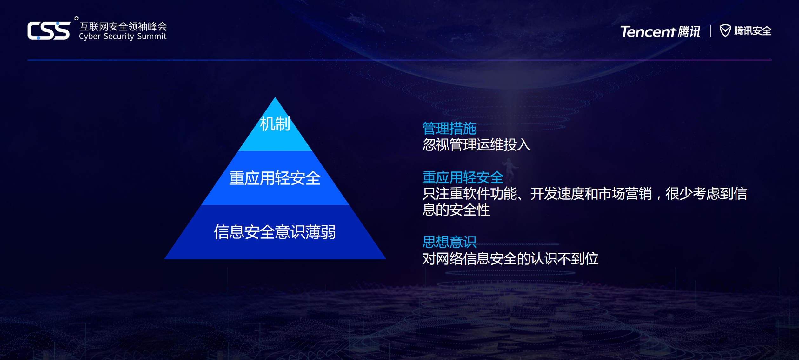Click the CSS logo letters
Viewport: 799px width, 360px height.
[49, 31]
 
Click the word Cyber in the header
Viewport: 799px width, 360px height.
[90, 37]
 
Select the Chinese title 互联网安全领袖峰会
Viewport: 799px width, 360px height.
[123, 26]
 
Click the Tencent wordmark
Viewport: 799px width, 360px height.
[648, 31]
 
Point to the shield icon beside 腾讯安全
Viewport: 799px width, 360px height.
[725, 31]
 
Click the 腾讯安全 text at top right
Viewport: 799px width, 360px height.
[752, 31]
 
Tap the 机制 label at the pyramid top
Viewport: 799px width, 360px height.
[275, 124]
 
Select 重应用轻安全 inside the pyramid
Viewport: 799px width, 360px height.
[275, 178]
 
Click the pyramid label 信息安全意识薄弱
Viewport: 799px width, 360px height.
[275, 232]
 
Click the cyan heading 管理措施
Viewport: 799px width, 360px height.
[449, 129]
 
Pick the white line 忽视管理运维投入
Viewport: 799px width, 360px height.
[476, 145]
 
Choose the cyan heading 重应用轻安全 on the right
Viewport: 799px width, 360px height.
[463, 177]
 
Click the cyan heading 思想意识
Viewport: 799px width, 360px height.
[449, 242]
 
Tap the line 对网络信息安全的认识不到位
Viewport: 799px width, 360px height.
[510, 259]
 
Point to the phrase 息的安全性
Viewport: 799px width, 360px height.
[456, 210]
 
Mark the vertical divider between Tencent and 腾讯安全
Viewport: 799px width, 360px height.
[711, 31]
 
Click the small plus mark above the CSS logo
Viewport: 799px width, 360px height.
[76, 18]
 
